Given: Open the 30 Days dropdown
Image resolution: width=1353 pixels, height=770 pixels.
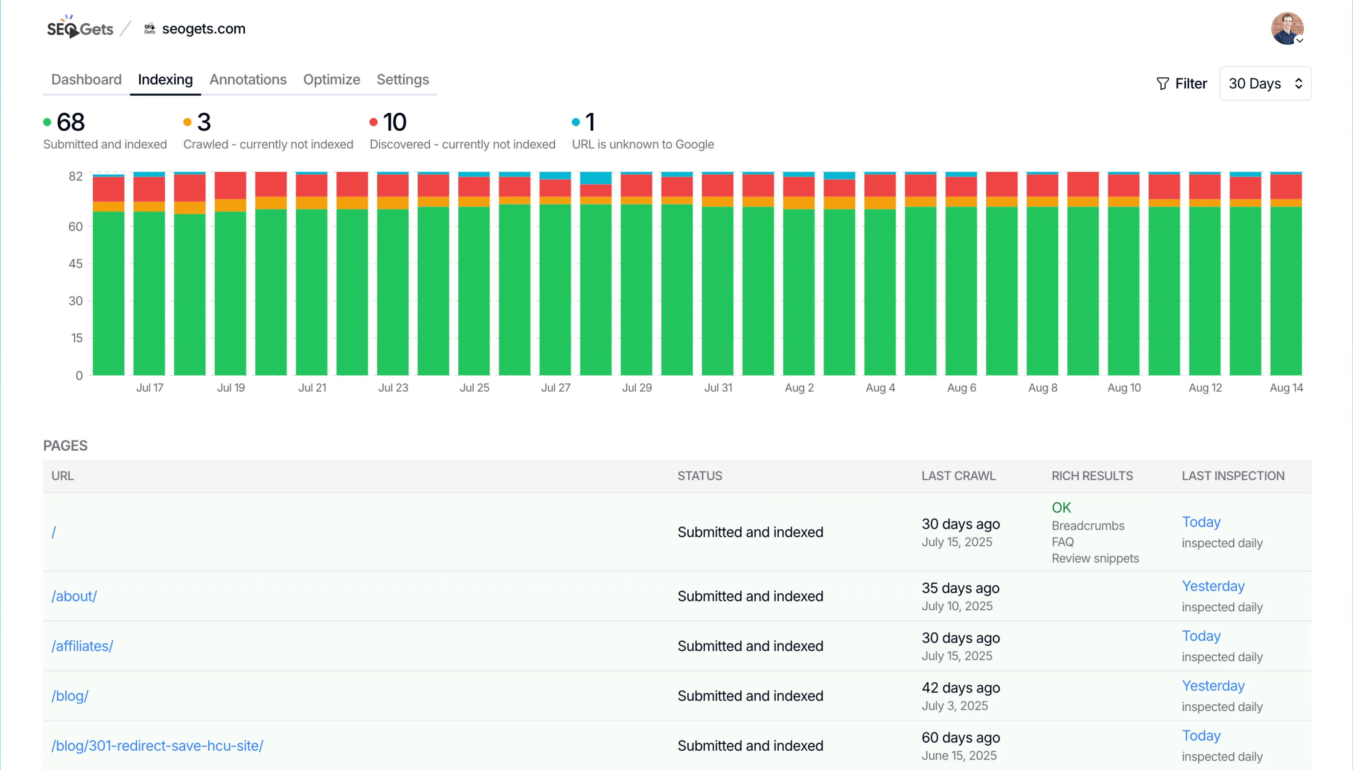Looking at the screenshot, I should point(1265,84).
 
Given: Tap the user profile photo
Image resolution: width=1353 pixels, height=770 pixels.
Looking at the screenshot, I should point(1286,28).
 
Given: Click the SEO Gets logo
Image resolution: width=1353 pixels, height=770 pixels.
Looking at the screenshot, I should point(80,28).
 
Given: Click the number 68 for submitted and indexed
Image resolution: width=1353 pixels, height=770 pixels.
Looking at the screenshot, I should point(70,122).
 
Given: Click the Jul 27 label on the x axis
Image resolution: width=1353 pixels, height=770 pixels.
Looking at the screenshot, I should point(555,388).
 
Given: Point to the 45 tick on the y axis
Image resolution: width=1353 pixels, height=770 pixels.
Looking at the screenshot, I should point(76,263).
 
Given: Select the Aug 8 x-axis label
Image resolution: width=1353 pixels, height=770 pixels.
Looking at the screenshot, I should point(1042,388).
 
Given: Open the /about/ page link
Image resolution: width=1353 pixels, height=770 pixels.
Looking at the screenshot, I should point(74,596).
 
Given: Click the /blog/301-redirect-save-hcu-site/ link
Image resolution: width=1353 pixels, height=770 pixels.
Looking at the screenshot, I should point(157,746).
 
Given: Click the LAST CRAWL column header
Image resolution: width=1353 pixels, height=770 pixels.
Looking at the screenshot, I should point(958,476).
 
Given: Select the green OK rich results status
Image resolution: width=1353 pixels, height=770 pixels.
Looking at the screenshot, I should point(1061,508).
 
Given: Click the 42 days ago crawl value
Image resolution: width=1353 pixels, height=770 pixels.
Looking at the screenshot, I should point(960,687).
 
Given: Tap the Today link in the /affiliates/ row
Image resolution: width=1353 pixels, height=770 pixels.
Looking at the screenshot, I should point(1201,636).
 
